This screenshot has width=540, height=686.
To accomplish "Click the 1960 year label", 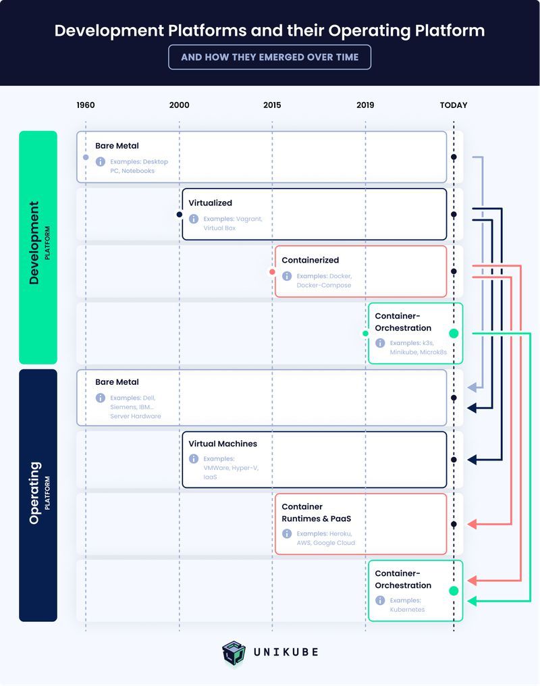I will [x=86, y=105].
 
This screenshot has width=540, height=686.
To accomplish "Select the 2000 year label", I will [x=180, y=105].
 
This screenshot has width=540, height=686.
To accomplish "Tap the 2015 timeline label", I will [x=272, y=105].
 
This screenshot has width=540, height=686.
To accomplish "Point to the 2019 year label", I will [x=365, y=105].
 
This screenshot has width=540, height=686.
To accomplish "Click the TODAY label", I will [x=454, y=105].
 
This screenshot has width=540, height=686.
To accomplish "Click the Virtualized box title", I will [x=210, y=203].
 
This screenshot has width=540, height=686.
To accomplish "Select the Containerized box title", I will [x=310, y=260].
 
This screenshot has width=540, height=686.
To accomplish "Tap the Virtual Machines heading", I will [x=222, y=444].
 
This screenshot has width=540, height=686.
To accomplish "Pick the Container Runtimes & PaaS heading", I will [x=316, y=512].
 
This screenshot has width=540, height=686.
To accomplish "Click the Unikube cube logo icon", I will [x=234, y=653].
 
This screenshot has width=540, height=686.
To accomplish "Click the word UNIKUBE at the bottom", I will [x=286, y=652].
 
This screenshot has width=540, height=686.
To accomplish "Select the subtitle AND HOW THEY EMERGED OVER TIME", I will [x=269, y=57].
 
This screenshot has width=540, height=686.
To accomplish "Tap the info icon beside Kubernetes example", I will [x=380, y=600].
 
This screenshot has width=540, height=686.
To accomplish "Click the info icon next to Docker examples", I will [x=287, y=276].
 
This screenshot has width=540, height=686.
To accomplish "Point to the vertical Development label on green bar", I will [x=33, y=243].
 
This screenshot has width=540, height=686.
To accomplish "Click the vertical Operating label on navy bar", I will [x=34, y=493].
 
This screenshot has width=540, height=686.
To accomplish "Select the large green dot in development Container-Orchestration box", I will [x=454, y=334].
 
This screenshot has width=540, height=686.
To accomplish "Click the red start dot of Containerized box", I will [x=272, y=272].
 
